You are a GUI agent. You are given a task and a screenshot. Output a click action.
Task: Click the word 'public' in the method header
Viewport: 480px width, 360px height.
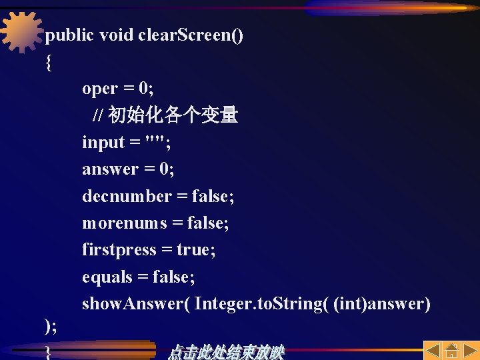(69, 35)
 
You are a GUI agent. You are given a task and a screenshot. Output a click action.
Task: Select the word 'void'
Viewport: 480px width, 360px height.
(116, 35)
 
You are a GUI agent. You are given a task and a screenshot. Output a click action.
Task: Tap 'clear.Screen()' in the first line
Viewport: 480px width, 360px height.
(191, 35)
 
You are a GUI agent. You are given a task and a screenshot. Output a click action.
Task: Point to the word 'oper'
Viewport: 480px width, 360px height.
(100, 89)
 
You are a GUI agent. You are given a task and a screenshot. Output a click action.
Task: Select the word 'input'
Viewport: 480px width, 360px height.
(103, 143)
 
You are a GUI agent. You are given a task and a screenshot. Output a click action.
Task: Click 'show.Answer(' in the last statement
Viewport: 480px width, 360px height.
(137, 305)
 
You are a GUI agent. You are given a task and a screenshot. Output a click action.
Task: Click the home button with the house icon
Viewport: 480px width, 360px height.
(451, 351)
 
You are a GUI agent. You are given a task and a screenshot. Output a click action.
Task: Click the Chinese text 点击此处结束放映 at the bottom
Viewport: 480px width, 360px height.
(226, 352)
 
